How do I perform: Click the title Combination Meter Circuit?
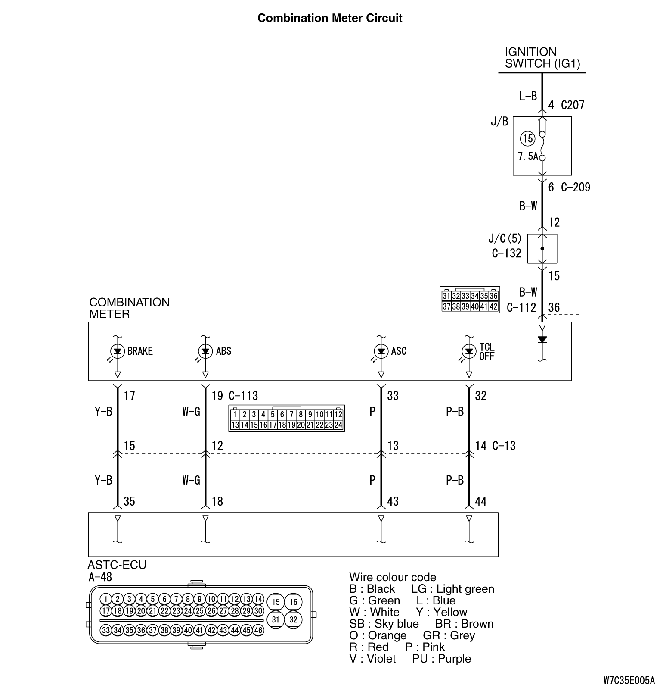coord(330,18)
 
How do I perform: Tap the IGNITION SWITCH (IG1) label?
coord(542,58)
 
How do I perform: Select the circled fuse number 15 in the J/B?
coord(527,138)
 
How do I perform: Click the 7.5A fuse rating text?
coord(528,156)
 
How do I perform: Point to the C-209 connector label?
coord(576,187)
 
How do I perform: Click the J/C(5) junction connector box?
coord(542,249)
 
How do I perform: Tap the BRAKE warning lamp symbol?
coord(118,351)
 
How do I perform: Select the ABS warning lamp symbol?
coord(206,351)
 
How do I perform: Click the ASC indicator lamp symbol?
coord(381,351)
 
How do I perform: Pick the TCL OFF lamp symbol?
coord(469,351)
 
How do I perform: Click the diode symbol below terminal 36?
coord(542,340)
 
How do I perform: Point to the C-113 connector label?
coord(243,396)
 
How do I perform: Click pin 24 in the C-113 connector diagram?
coord(338,425)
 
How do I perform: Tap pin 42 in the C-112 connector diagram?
coord(493,306)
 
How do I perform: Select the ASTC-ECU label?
coord(117,565)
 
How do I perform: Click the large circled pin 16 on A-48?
coord(293,602)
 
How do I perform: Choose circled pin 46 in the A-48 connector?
coord(257,630)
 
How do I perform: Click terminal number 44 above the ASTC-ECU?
coord(480,501)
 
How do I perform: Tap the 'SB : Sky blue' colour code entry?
coord(384,624)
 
